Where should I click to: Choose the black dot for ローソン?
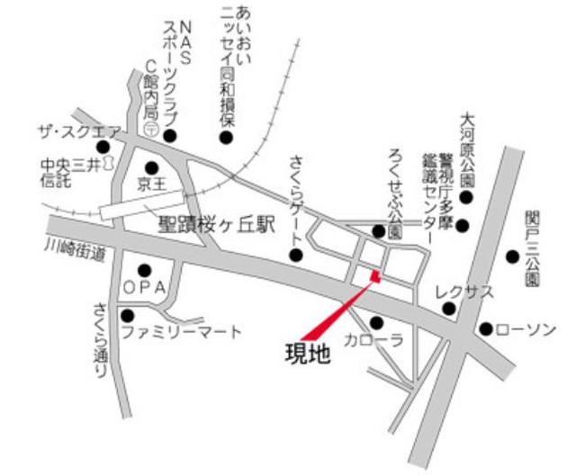click(x=486, y=329)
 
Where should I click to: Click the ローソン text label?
click(x=526, y=330)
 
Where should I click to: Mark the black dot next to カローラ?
click(x=376, y=322)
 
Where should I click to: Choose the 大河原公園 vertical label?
click(x=466, y=147)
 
